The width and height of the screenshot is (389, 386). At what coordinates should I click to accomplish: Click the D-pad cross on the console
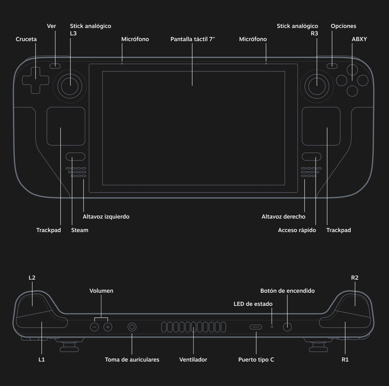point(35,80)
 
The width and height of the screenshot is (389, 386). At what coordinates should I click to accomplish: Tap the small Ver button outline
point(55,66)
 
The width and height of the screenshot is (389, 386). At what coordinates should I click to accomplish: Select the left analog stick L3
point(70,86)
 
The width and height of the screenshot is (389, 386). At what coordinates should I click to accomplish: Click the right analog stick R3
point(317,86)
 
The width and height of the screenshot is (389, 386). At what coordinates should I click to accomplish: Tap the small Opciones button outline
point(332,66)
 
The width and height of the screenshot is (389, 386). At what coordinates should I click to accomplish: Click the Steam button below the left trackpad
point(75,157)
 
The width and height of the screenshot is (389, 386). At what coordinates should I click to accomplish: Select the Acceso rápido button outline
point(312,157)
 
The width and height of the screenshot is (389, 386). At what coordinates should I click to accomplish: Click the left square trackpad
point(66,126)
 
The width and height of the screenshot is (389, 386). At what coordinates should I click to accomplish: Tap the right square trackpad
point(321,126)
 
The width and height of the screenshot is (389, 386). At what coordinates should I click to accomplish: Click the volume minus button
point(94,327)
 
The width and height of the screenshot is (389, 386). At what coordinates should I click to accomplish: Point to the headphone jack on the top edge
point(132,327)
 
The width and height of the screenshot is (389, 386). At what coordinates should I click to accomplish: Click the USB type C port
point(256,327)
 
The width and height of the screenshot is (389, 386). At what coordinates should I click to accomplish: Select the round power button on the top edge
point(287,327)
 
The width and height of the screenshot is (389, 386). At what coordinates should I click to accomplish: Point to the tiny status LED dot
point(272,327)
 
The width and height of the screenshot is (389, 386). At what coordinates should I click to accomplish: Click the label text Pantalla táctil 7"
point(193,39)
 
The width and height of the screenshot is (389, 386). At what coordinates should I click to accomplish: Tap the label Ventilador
point(193,360)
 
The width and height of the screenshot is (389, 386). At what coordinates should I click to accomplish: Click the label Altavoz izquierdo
point(106,217)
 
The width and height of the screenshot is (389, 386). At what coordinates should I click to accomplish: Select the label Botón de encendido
point(287,291)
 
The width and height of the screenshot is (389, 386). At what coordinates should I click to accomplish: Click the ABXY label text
point(359,39)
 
